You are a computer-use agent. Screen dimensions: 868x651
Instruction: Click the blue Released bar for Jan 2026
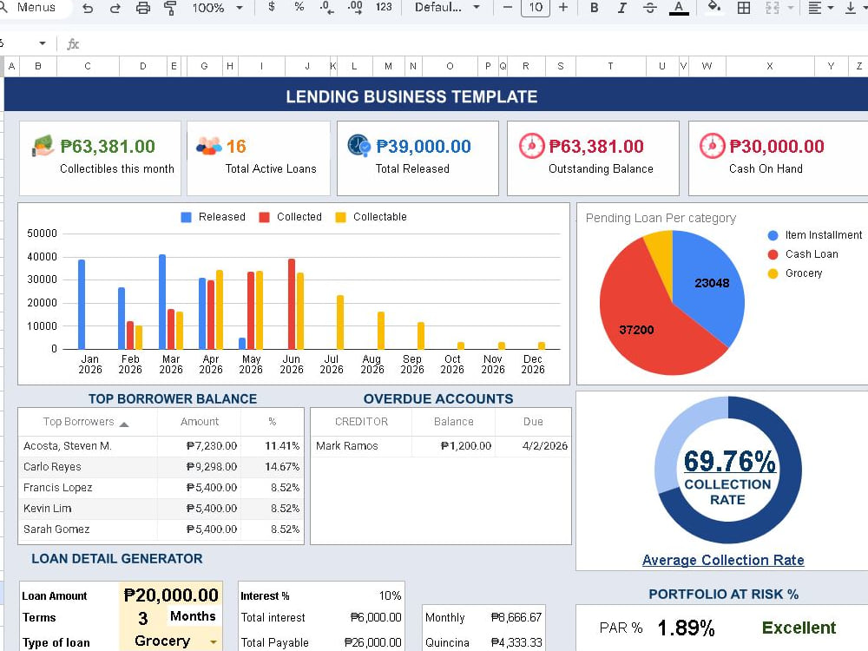[x=82, y=305]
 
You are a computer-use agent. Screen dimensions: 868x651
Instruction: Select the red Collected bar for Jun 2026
[x=292, y=304]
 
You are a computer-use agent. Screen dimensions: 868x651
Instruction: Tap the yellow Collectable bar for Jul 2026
[x=340, y=323]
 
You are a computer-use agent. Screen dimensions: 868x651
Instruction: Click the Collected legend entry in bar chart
[x=291, y=217]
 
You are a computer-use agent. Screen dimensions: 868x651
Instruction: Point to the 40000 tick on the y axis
[x=42, y=257]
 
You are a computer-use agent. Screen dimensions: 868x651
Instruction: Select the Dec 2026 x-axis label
[x=533, y=365]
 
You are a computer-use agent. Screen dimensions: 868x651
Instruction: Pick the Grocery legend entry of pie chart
[x=795, y=273]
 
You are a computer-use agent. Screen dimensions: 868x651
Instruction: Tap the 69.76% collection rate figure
[x=730, y=461]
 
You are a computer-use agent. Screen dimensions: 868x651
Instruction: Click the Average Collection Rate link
[x=723, y=560]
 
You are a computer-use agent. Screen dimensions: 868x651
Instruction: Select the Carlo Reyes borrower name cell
[x=52, y=467]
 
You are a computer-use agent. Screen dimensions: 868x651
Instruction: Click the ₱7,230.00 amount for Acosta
[x=212, y=446]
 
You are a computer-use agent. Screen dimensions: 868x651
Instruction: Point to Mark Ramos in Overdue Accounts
[x=347, y=446]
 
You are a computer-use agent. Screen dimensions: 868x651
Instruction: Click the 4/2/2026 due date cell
[x=545, y=446]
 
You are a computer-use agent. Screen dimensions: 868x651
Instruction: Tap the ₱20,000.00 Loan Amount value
[x=171, y=595]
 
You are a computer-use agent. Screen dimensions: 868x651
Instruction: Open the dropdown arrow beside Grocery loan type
[x=214, y=642]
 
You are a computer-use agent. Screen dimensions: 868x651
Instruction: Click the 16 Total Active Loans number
[x=236, y=147]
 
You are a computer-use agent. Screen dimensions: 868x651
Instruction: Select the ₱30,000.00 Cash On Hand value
[x=777, y=147]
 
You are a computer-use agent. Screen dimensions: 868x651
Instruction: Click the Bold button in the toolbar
[x=594, y=8]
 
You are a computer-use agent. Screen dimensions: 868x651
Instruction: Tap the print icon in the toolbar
[x=143, y=8]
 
